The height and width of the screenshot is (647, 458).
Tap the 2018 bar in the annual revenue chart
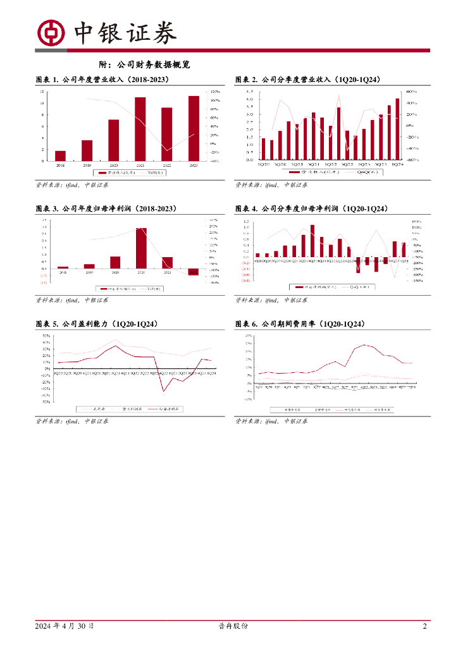pos(60,155)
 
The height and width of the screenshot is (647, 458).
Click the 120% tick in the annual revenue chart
pos(214,92)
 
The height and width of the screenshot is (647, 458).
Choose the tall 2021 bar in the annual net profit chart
pos(140,248)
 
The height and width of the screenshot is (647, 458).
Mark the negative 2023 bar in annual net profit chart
pos(194,272)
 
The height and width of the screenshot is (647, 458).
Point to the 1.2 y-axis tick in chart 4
pos(247,222)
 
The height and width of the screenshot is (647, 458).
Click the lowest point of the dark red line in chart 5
pos(163,391)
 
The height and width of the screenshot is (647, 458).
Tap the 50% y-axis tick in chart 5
pos(47,336)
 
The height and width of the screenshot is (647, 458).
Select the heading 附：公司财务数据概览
pos(145,64)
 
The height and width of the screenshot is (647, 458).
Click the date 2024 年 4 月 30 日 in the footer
pos(65,626)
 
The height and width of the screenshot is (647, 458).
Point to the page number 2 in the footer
pos(424,626)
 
